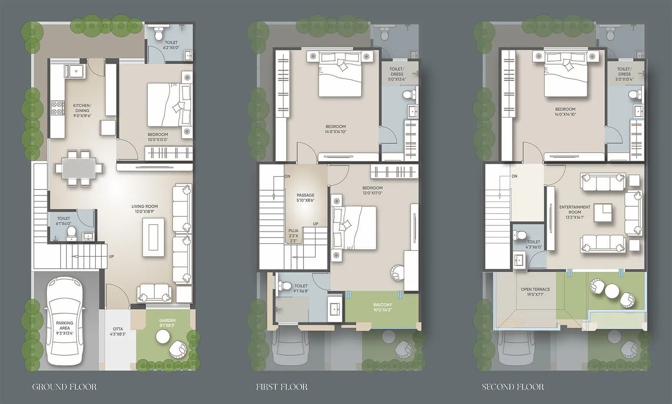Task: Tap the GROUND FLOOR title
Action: coord(64,387)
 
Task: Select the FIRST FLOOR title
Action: coord(281,387)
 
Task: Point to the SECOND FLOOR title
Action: coord(512,387)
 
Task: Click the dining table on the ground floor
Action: coord(79,168)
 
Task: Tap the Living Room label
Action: coord(144,209)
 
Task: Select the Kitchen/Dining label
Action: coord(81,111)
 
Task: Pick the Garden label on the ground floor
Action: coord(167,323)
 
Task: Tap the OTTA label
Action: coord(117,332)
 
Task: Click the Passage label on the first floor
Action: coord(305,198)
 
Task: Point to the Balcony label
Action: coord(382,307)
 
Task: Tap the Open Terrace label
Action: coord(535,292)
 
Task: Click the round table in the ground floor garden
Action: coord(163,336)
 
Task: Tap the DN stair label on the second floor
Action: coord(514,176)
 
